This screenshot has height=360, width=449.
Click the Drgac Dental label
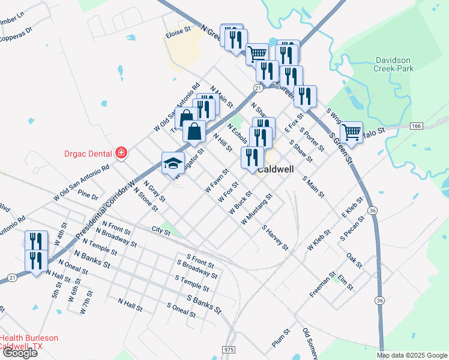88,153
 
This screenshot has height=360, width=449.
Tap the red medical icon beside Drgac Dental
121,153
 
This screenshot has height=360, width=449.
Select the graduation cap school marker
173,163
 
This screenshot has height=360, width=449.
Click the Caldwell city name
276,170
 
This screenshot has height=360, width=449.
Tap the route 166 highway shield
416,126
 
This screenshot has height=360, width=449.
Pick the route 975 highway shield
228,349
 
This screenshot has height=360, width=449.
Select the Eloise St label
178,28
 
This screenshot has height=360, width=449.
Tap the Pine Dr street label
88,196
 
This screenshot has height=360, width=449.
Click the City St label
161,230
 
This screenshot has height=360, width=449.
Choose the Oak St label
354,260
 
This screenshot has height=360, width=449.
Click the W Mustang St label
256,209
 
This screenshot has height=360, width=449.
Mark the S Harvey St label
275,238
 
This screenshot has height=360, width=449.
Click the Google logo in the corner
20,353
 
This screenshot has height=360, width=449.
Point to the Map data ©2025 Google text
412,355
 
